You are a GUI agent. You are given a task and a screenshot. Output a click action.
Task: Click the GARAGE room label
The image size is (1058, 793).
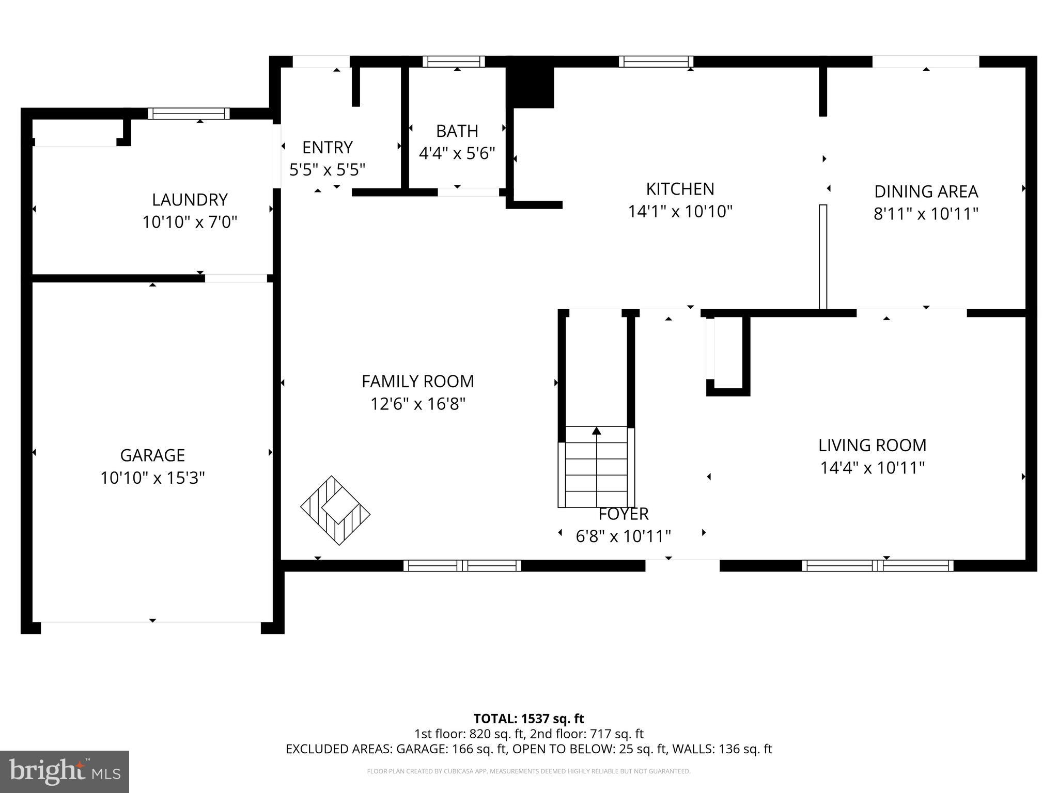152,455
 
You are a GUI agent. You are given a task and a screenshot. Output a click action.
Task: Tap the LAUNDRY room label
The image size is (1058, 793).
190,200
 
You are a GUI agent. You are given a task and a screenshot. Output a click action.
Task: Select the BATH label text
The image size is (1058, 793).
457,131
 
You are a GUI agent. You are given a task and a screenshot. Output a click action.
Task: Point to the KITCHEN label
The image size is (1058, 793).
680,189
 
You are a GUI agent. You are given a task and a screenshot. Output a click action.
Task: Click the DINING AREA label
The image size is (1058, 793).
926,192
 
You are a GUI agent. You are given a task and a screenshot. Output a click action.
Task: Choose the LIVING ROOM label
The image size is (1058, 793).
873,445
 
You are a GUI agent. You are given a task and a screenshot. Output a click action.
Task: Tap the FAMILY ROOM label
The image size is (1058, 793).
418,382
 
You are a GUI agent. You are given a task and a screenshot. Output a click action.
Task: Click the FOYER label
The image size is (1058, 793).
624,514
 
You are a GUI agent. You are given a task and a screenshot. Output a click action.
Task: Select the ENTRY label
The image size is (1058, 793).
328,148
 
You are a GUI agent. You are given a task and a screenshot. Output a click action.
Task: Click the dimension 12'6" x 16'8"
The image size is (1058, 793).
418,404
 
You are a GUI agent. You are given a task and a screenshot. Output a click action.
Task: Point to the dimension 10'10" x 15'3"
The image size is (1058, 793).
152,478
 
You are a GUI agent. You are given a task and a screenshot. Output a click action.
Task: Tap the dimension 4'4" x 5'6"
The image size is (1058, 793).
457,153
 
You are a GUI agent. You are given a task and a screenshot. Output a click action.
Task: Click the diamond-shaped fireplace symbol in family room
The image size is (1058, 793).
336,510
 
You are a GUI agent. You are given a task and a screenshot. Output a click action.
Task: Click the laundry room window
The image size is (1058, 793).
189,114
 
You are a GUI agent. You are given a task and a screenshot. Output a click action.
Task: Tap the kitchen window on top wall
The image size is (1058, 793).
656,61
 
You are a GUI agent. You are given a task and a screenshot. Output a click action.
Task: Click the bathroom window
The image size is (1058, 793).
454,61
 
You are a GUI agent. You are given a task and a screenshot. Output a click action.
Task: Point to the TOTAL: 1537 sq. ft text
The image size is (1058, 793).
529,719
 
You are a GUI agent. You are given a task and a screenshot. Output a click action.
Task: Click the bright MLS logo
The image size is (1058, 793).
65,772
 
